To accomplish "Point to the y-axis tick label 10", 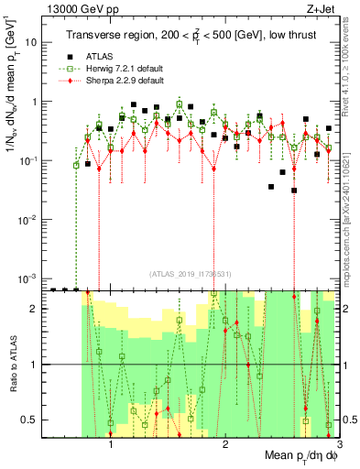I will pos(31,42).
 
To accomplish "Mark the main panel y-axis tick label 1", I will pos(34,102).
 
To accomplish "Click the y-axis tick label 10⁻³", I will pos(28,278).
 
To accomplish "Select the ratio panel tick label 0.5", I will pos(29,420).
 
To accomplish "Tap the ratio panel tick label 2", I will pos(34,309).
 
